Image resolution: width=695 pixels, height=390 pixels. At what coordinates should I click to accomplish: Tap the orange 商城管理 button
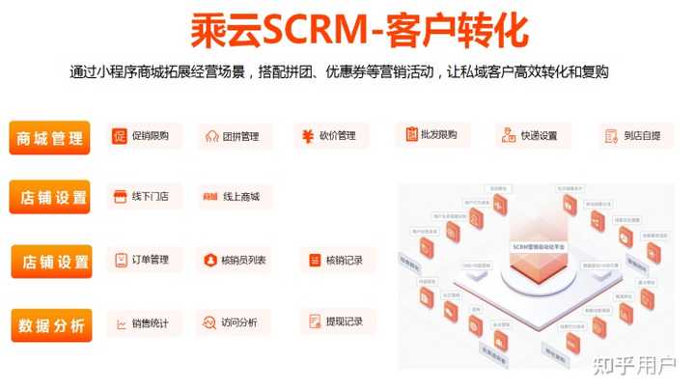(50, 138)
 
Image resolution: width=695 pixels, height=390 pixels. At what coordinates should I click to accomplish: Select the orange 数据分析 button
(51, 325)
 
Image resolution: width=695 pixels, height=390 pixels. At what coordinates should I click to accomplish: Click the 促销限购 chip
(142, 136)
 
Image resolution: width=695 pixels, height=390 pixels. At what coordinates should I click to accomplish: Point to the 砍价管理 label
(330, 136)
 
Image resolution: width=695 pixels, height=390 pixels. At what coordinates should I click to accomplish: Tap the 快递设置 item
(530, 136)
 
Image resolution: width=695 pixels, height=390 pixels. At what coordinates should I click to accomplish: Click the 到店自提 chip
(627, 136)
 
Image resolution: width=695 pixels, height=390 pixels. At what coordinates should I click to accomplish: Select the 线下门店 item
(142, 197)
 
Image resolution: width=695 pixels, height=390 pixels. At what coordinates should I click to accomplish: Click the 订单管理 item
(142, 260)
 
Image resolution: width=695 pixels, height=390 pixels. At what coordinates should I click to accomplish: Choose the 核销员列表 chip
(237, 260)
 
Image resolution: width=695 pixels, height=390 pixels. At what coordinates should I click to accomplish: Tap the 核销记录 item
(335, 260)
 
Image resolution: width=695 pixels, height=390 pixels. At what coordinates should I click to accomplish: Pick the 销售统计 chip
(142, 322)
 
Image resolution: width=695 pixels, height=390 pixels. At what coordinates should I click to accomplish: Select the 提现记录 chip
(335, 321)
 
